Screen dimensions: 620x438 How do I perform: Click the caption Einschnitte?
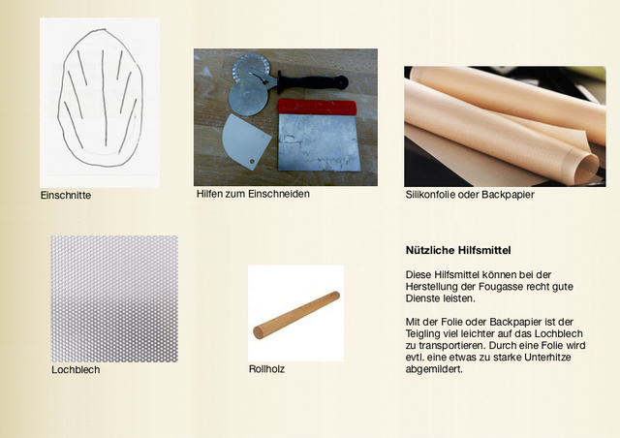point(66,195)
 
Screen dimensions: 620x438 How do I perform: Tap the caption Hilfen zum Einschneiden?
point(253,194)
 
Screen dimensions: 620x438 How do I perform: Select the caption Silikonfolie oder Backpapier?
point(470,195)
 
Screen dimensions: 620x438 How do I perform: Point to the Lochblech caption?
point(76,369)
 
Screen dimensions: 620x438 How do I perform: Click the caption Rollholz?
point(267,369)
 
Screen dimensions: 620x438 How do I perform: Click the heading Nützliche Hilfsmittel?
point(458,250)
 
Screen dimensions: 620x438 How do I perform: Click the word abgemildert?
point(434,369)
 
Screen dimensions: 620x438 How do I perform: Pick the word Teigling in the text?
point(421,334)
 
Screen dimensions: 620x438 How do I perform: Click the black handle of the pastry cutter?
point(313,82)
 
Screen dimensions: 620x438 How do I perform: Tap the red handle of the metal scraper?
point(317,107)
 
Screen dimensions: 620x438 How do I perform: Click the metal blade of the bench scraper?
point(320,142)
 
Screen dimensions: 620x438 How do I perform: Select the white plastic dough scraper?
point(245,141)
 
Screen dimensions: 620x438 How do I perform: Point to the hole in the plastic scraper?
point(252,162)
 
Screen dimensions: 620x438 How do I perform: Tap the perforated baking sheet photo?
point(114,298)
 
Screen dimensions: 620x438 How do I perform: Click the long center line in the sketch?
point(104,98)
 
